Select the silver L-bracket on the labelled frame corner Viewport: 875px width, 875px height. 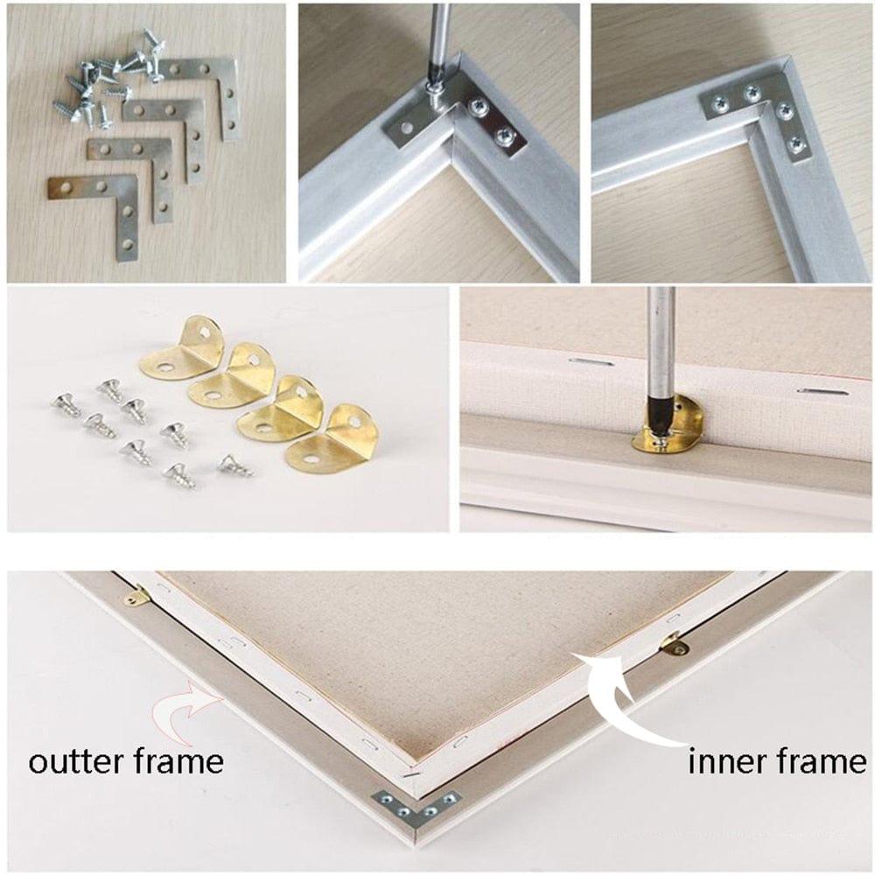tap(416, 808)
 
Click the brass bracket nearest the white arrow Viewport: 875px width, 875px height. tap(673, 645)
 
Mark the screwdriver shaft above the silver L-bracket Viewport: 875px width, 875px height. tap(440, 39)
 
